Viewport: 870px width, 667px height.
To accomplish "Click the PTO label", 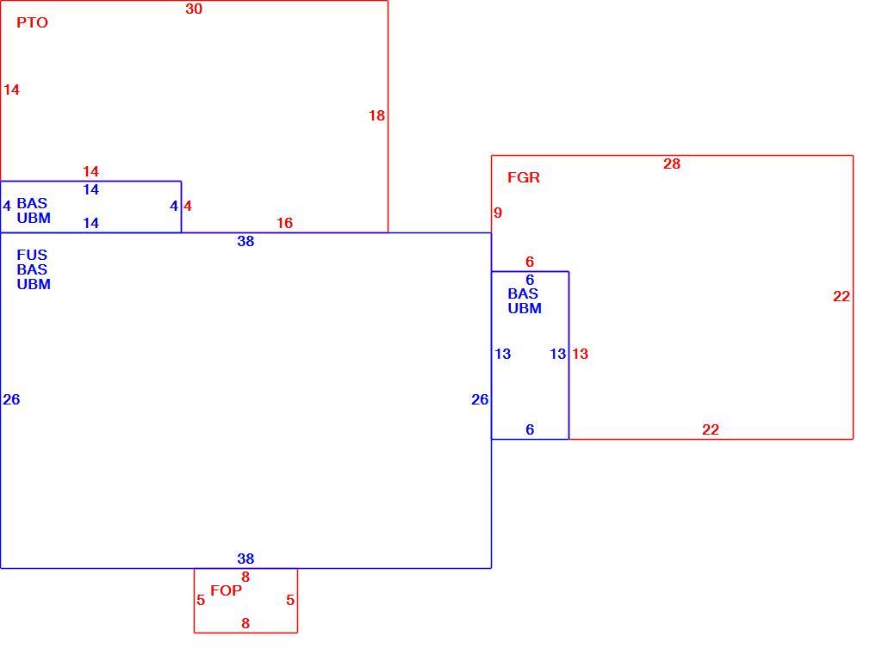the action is [32, 22].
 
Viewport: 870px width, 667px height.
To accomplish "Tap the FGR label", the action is [523, 177].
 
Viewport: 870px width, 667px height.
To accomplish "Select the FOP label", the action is [226, 590].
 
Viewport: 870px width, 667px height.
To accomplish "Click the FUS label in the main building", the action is [32, 255].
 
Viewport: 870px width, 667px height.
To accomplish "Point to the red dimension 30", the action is [194, 9].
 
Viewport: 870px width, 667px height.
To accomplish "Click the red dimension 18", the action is [376, 115].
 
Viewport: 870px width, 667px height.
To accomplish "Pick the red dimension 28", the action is [671, 164].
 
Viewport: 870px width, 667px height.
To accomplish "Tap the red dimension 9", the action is [498, 213].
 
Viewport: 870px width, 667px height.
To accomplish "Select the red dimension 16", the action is [284, 223].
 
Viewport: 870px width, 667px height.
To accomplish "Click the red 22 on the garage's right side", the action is [842, 297].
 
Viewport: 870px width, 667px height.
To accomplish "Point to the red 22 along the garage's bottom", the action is [710, 429].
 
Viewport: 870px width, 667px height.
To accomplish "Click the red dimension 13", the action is [580, 354].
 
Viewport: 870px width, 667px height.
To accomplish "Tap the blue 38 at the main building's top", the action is [245, 241].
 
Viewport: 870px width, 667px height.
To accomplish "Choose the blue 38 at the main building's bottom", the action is [245, 559].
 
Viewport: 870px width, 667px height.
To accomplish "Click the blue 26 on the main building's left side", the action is [11, 399].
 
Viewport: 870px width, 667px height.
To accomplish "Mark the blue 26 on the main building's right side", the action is [480, 399].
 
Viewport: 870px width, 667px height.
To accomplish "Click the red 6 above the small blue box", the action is [530, 262].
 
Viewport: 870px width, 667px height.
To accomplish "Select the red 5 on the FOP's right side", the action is [290, 600].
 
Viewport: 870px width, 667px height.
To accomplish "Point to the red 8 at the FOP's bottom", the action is [245, 623].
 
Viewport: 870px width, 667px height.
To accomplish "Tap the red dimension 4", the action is [188, 207].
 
